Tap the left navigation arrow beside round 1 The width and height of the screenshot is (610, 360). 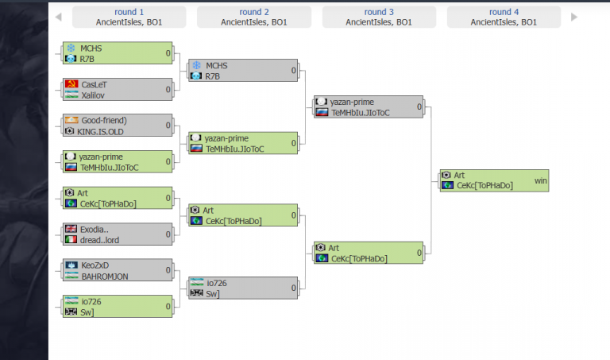coord(57,17)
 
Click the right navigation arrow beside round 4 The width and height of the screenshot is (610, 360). coord(573,17)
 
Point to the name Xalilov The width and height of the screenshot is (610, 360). coord(93,95)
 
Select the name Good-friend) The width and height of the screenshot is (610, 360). coord(103,121)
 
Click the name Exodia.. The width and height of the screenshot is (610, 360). coord(94,230)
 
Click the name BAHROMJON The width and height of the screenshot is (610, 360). coord(104,276)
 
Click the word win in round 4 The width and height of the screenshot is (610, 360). coord(541,180)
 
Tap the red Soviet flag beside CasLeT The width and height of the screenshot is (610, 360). coord(70,84)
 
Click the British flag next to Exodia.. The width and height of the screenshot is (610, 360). coord(70,230)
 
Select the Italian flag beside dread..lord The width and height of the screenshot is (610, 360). coord(70,240)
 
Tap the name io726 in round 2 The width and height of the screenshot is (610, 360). coord(217,282)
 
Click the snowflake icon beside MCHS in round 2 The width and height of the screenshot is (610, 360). coord(195,65)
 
